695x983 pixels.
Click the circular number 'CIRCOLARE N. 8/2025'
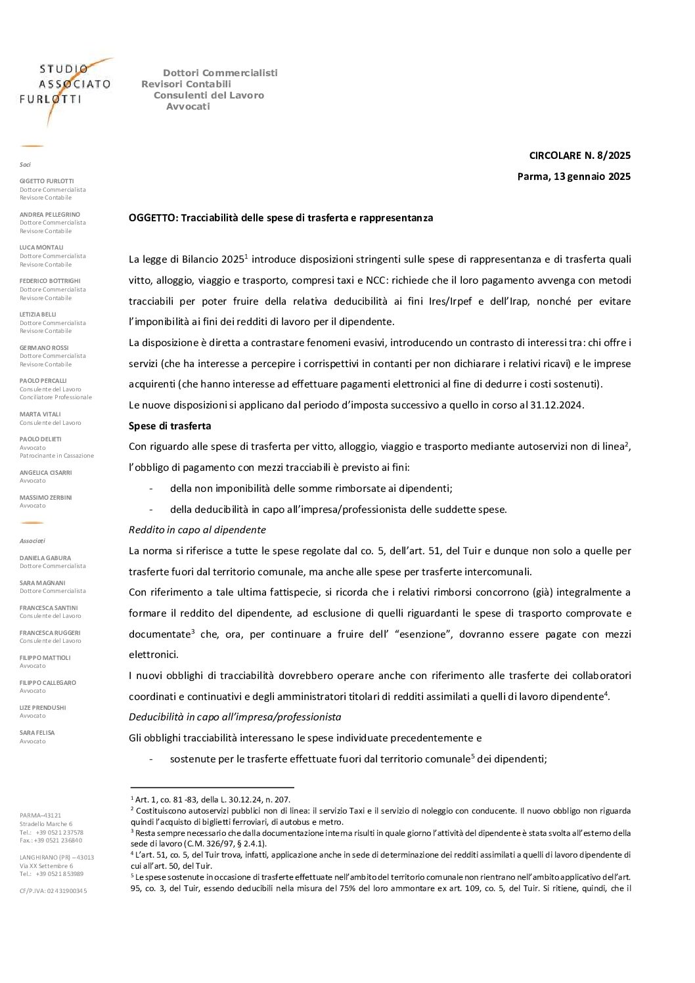coord(579,156)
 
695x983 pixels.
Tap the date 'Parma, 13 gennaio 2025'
coord(573,176)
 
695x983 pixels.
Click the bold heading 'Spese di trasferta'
coord(169,426)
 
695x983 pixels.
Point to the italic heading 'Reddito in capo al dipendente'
coord(197,530)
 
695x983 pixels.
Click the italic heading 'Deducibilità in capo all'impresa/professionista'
coord(235,717)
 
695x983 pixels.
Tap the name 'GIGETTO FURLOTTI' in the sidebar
coord(47,181)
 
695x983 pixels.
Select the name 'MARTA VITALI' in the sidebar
coord(40,414)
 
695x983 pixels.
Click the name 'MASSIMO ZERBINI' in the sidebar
coord(46,498)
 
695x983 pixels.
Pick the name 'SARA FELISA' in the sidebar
coord(37,733)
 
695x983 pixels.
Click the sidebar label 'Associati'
coord(32,541)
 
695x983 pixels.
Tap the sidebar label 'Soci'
coord(25,165)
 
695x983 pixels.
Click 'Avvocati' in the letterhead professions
coord(188,106)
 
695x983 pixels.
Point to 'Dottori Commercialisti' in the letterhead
coord(220,73)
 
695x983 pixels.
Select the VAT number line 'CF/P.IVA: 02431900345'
coord(53,891)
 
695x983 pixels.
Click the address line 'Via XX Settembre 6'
coord(47,866)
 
